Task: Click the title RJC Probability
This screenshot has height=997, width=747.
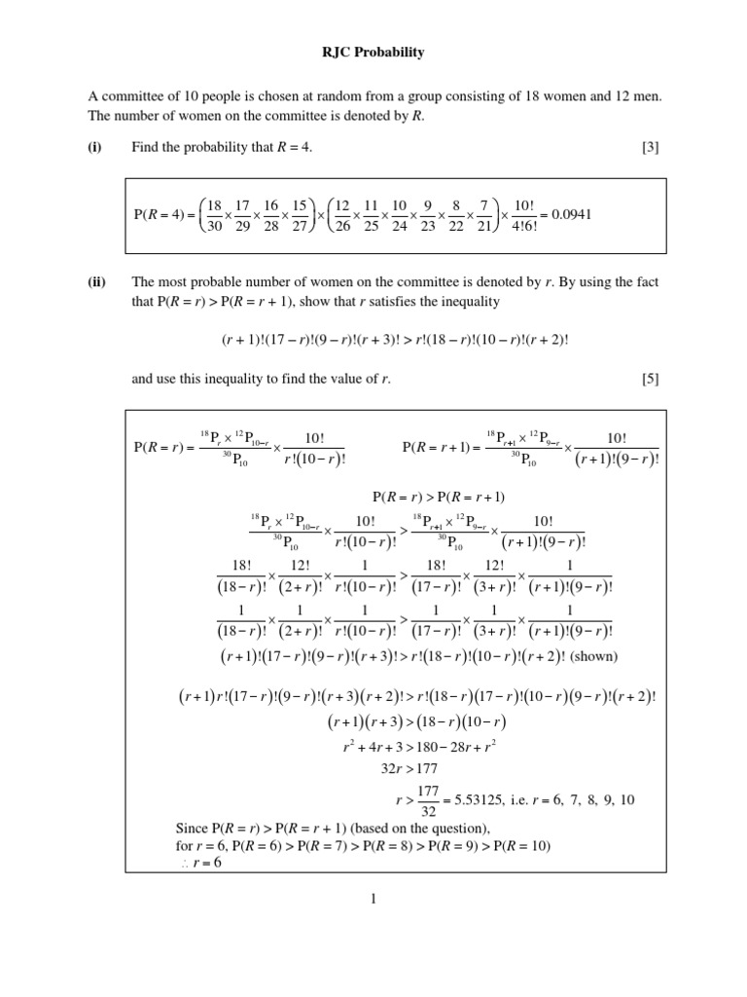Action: point(373,53)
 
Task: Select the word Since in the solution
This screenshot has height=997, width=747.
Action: point(192,829)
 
